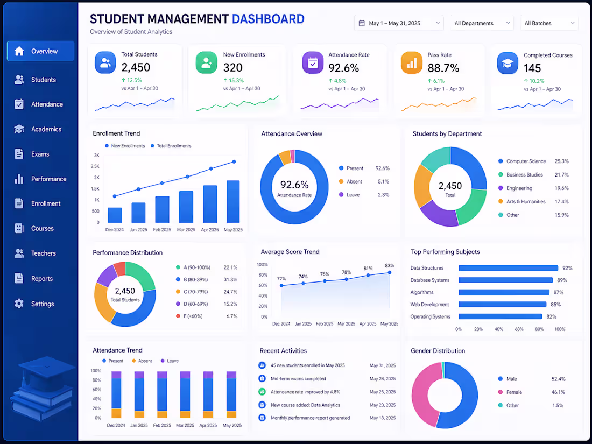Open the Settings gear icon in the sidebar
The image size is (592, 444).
click(x=19, y=304)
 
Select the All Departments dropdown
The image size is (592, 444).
click(x=482, y=23)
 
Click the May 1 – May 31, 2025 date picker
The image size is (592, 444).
click(x=399, y=23)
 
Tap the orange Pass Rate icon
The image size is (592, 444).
click(x=412, y=62)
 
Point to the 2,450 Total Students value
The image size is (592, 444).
click(x=136, y=67)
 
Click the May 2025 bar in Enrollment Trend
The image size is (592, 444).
click(x=233, y=202)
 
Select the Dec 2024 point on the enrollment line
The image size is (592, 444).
click(x=115, y=196)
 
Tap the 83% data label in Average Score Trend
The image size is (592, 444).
click(x=390, y=266)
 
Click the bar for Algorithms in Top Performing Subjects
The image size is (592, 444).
click(x=504, y=292)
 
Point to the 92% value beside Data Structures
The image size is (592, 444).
click(x=567, y=268)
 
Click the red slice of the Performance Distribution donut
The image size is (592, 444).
click(x=119, y=269)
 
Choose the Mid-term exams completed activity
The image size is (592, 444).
click(x=298, y=379)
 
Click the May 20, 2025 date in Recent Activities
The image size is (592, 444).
click(x=383, y=405)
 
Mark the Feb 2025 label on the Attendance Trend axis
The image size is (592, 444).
click(x=162, y=425)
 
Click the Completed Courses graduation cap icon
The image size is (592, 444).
click(x=508, y=63)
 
